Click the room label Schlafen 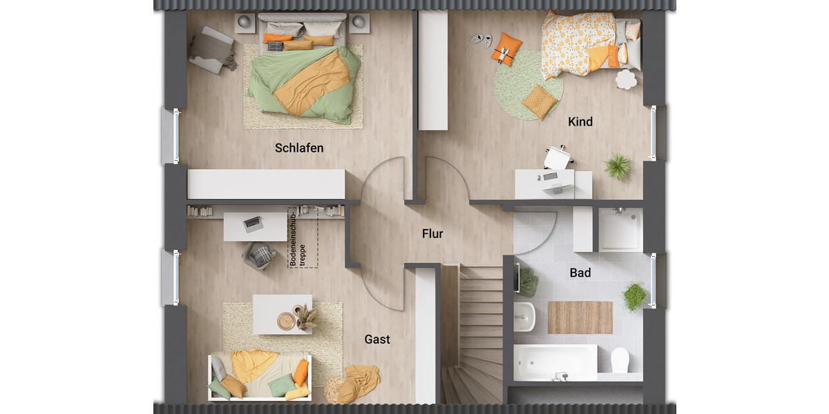coord(299,148)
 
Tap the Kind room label coord(580,122)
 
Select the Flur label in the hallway coord(432,234)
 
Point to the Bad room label coord(580,273)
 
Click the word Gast coord(377,339)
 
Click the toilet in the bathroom coord(620,359)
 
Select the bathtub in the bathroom coord(555,362)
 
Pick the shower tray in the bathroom coord(620,230)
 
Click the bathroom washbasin coord(525,317)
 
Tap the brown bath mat coord(580,317)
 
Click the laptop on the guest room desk coord(252,224)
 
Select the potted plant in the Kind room coord(618,166)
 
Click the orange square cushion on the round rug coord(539,101)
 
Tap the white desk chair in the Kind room coord(557,157)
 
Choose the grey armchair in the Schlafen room coord(211,50)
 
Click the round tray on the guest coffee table coord(286,320)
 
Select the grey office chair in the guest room coord(260,256)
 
